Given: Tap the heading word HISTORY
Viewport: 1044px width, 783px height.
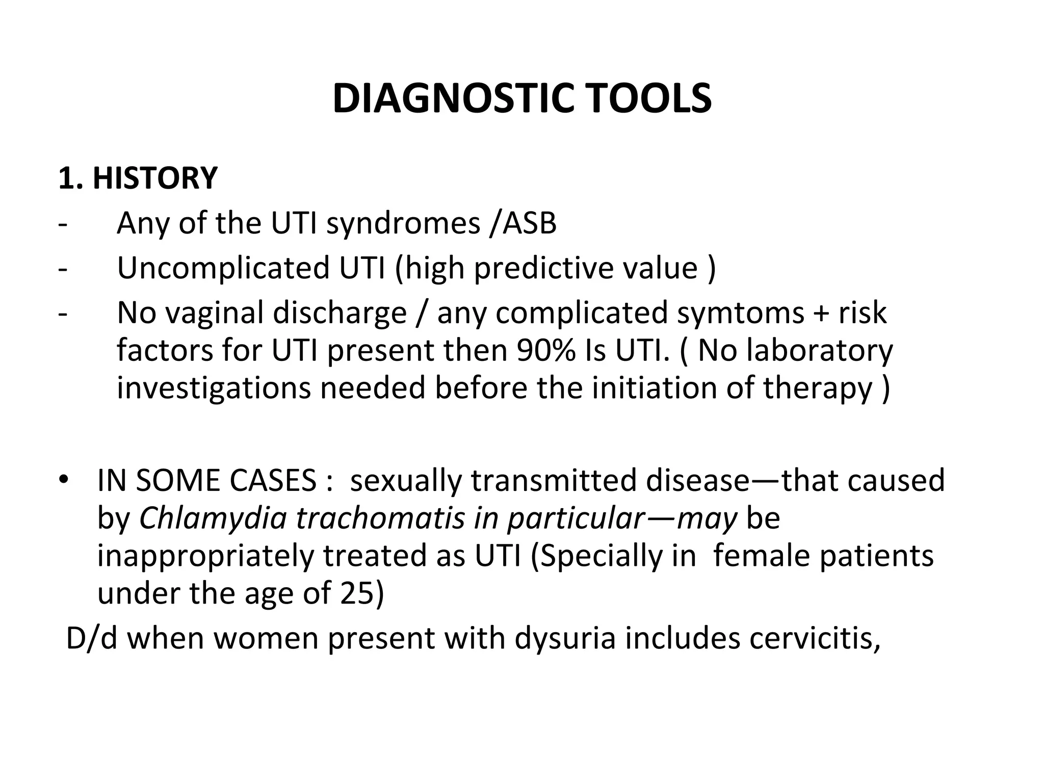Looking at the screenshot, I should pos(155,178).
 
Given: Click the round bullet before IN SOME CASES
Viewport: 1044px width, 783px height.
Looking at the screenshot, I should pos(63,481).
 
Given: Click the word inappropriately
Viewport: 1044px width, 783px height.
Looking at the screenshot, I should pos(205,556).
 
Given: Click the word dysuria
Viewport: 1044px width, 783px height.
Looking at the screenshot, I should pos(565,639).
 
